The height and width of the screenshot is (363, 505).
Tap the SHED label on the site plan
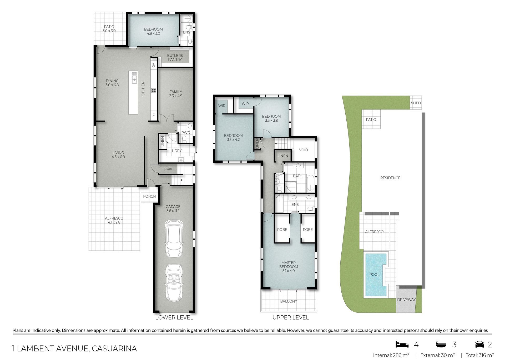point(416,103)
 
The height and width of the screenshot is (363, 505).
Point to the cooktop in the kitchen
point(154,91)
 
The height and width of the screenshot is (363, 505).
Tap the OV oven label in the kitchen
point(154,65)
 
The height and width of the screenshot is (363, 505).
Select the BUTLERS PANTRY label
point(175,57)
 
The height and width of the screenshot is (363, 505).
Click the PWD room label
point(186,133)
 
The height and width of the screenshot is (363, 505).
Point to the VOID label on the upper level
point(304,150)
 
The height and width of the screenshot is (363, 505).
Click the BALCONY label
point(289,301)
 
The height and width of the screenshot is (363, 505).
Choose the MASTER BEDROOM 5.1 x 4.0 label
point(289,267)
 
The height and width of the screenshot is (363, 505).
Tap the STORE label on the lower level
point(168,169)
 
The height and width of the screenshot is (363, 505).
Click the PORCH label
point(149,196)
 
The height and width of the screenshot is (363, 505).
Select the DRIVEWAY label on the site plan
point(406,300)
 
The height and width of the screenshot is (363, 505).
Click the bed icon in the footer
point(402,344)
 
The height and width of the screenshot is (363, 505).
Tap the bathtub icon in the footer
point(442,344)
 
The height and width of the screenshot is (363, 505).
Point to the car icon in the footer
point(480,344)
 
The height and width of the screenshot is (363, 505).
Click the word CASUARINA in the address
point(114,349)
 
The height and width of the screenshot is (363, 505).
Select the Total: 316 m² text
point(480,355)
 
